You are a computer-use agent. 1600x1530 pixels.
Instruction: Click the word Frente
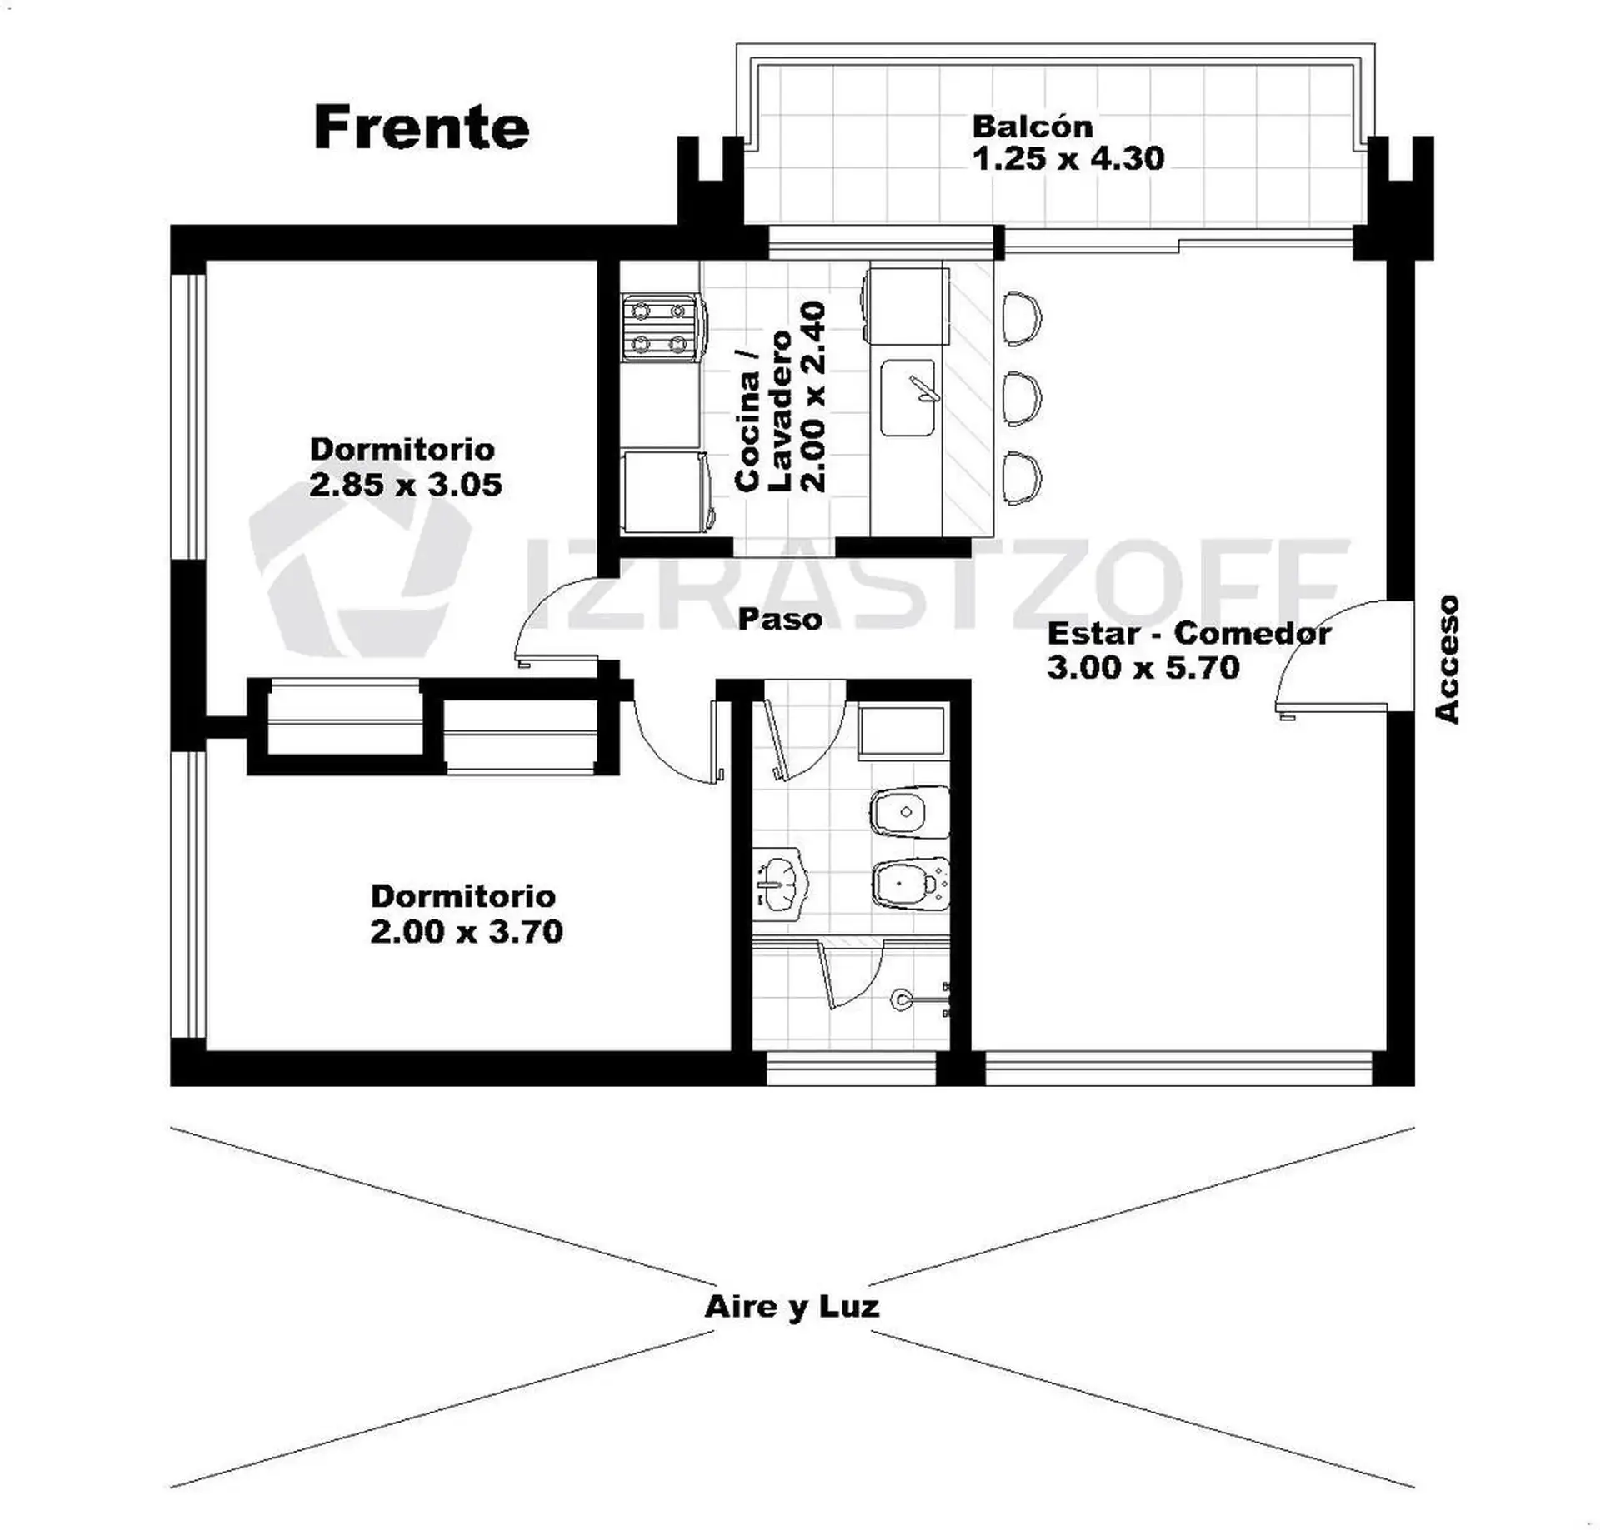pos(422,127)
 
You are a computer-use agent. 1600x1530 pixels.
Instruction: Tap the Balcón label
pos(1032,127)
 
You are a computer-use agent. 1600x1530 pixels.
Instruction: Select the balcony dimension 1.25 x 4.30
pos(1068,158)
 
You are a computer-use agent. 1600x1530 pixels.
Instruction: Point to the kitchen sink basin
pos(908,398)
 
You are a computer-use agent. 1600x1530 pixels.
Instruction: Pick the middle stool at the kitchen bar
pos(1022,398)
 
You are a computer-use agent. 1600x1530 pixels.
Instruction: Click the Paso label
pos(780,619)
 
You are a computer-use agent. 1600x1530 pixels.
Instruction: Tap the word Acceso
pos(1447,658)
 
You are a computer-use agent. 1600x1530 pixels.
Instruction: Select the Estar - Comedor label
pos(1188,633)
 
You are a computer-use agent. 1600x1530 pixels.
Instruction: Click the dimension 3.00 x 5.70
pos(1143,667)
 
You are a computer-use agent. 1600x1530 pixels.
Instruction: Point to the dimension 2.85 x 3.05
pos(406,484)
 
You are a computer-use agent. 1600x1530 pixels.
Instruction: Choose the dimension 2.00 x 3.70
pos(467,930)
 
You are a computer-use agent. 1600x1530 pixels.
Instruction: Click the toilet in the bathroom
pos(909,811)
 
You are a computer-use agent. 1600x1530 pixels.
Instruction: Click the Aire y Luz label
pos(792,1307)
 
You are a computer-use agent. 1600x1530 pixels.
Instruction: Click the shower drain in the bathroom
pos(900,999)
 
